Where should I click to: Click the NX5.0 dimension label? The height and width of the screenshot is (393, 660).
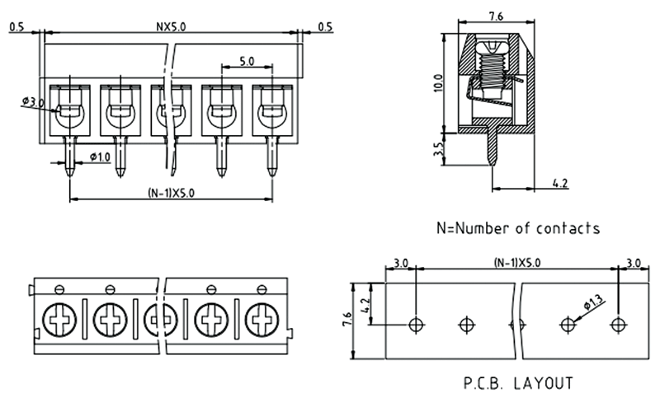171,26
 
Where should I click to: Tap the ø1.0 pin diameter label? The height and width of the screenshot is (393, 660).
97,157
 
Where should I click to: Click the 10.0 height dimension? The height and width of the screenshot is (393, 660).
437,83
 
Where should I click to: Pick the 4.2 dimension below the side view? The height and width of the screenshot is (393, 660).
558,183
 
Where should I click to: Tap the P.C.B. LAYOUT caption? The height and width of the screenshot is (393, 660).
517,383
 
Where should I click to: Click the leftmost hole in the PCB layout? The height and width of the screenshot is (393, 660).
416,322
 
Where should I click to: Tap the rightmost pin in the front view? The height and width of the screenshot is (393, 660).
271,157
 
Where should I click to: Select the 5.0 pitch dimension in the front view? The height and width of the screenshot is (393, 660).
246,61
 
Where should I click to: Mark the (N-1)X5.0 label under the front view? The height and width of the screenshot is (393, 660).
171,192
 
